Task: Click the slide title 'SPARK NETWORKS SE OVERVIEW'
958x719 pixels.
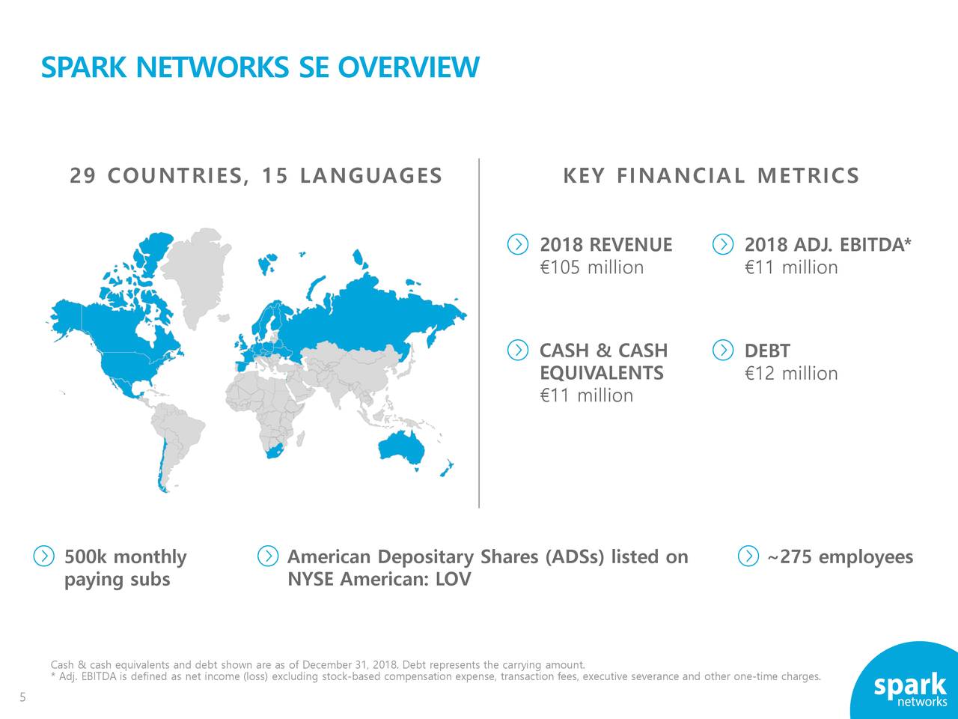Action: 259,67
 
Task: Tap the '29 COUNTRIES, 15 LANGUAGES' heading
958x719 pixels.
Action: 256,176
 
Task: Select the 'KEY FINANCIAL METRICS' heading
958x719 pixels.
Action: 710,176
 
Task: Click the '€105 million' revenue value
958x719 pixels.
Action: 591,267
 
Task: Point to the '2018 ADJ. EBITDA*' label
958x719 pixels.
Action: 828,245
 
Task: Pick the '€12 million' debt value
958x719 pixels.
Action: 791,373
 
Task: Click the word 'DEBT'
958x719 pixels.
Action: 767,351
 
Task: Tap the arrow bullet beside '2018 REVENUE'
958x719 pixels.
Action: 518,245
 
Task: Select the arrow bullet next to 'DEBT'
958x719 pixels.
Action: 723,351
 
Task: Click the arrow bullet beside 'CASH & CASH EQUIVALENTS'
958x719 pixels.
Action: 518,351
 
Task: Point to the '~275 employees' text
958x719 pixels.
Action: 840,557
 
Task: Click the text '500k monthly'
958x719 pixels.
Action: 125,557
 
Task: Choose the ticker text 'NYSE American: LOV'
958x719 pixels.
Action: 379,580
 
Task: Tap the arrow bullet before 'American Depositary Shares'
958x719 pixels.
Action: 267,556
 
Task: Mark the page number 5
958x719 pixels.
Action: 22,698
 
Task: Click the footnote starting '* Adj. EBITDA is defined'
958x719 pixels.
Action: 435,677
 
